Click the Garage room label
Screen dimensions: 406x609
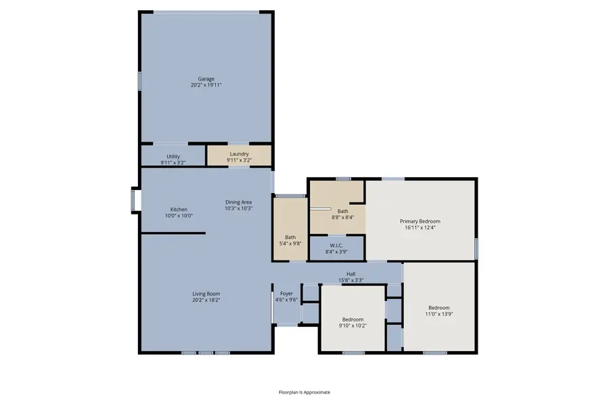point(206,79)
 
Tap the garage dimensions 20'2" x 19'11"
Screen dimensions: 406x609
point(206,85)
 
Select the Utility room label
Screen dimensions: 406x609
point(173,156)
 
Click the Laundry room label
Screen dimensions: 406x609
point(239,154)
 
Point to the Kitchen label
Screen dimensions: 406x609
point(179,210)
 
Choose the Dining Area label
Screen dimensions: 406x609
point(238,202)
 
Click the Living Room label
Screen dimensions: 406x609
point(206,294)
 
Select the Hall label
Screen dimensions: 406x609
point(351,274)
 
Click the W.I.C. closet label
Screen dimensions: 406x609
point(337,245)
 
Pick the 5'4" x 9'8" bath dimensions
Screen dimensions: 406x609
point(290,243)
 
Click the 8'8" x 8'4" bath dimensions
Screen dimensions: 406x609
point(342,217)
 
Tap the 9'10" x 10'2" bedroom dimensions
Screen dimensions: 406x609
point(353,325)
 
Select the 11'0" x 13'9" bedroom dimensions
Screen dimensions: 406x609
point(438,313)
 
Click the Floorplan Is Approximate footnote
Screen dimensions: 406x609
point(304,392)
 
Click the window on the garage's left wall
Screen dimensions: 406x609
point(140,81)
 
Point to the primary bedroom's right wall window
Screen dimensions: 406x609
point(476,248)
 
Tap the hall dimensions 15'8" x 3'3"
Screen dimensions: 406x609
point(351,280)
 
